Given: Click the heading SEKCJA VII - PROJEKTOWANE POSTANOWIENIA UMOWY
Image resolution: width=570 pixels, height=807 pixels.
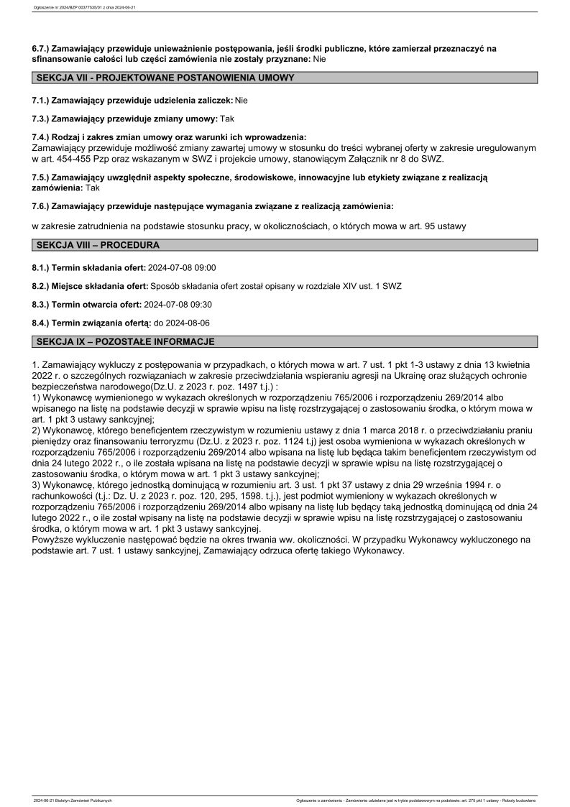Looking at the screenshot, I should (165, 78).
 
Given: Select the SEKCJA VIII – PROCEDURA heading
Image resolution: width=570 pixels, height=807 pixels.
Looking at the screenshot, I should (98, 245).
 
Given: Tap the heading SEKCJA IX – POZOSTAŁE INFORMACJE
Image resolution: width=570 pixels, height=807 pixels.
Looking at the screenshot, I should (125, 342).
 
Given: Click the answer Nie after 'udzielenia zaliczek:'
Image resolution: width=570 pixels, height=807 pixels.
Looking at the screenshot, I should (241, 101).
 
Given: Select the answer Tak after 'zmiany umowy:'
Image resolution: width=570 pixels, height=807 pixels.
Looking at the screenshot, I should (227, 117).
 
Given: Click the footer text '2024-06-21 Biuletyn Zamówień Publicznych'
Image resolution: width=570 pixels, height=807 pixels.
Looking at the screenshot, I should (73, 800).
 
